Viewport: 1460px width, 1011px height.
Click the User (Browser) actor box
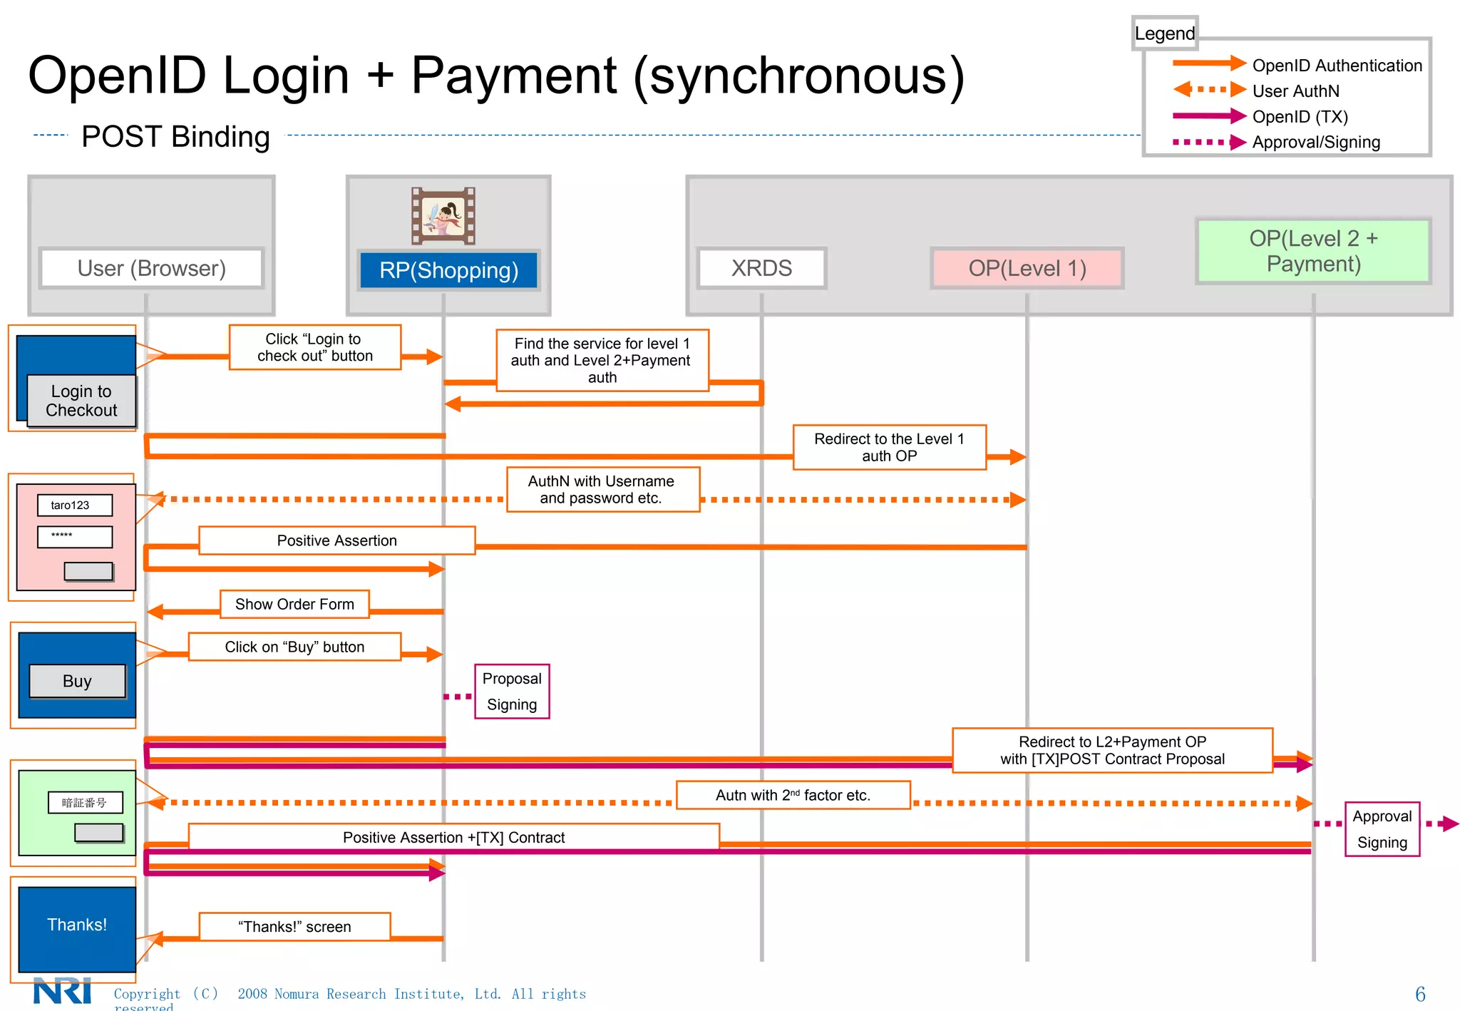(x=151, y=268)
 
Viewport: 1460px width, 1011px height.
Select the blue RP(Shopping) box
(x=448, y=270)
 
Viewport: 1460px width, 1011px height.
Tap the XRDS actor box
(x=761, y=268)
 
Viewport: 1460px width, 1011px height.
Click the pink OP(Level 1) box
(x=1027, y=268)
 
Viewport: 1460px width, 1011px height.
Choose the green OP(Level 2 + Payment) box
(x=1313, y=251)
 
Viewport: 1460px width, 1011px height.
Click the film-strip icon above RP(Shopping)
(x=443, y=215)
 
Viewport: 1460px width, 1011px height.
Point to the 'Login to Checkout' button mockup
(x=81, y=401)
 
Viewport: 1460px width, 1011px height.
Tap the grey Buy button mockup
(x=77, y=681)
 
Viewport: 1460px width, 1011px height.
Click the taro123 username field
(x=75, y=505)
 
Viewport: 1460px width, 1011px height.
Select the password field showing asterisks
(x=75, y=536)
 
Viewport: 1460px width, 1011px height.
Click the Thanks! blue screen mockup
(x=77, y=925)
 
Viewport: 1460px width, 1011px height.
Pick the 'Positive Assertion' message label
(x=336, y=540)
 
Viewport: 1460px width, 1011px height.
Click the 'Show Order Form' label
(x=294, y=604)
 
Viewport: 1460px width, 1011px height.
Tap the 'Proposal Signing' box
(x=512, y=691)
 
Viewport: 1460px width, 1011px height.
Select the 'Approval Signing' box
(x=1382, y=828)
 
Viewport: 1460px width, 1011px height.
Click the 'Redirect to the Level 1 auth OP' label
(x=889, y=447)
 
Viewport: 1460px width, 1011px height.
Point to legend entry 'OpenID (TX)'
(x=1300, y=116)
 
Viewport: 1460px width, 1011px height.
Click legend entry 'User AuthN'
(x=1295, y=91)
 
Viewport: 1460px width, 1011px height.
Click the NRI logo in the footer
(x=63, y=991)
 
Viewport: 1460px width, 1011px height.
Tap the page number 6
(x=1419, y=994)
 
